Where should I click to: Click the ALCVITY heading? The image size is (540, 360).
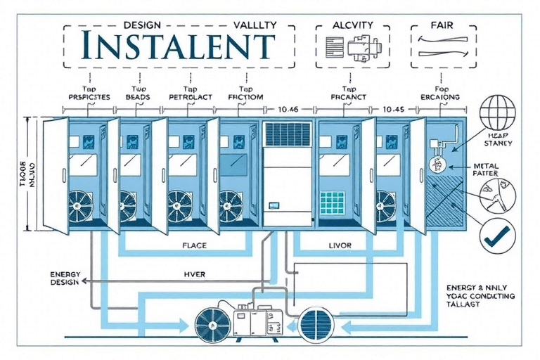[352, 25]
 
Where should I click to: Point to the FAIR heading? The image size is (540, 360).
[441, 25]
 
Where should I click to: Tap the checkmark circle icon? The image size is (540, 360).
[498, 236]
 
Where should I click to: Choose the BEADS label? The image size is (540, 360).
[138, 97]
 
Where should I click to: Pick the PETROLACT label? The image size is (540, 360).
[191, 97]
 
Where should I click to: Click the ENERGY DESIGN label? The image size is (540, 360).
[65, 277]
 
